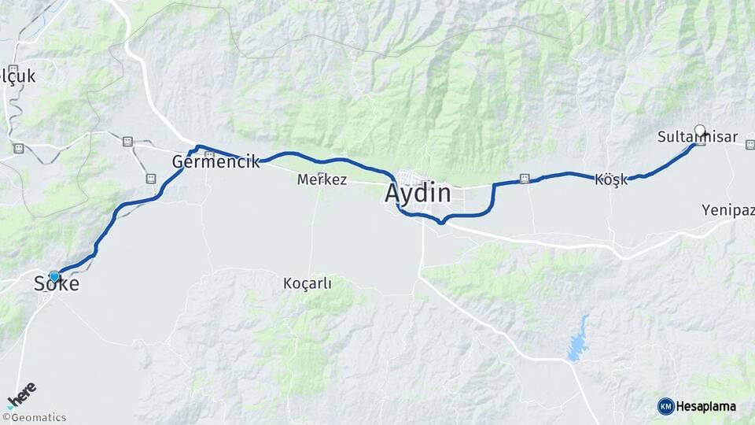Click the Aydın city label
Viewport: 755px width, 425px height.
[x=418, y=193]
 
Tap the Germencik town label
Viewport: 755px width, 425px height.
[x=215, y=162]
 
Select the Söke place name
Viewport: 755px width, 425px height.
[x=57, y=284]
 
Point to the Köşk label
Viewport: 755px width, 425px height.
[x=611, y=179]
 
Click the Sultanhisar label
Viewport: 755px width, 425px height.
[x=697, y=138]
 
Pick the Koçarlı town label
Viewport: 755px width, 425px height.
[x=307, y=283]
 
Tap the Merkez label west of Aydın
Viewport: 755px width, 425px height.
[x=322, y=179]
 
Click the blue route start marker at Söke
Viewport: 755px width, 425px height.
[x=53, y=276]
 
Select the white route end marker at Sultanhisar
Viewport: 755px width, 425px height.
[x=700, y=131]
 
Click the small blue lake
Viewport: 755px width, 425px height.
[x=579, y=340]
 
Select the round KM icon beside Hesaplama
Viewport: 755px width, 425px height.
[x=665, y=406]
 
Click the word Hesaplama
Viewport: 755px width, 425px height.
[x=705, y=406]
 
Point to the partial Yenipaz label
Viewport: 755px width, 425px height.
[x=727, y=210]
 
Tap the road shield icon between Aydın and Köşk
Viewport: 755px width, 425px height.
[x=525, y=179]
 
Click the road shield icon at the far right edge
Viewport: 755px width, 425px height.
[x=749, y=145]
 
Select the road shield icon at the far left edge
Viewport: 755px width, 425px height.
[x=18, y=148]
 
